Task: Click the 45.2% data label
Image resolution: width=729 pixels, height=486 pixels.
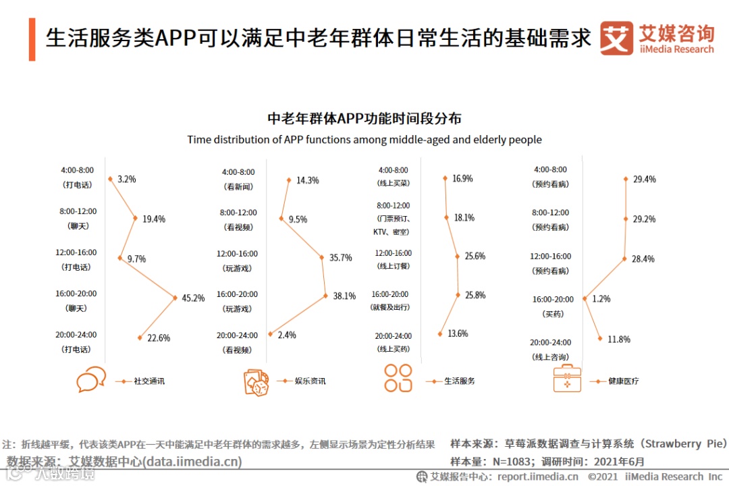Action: click(x=193, y=298)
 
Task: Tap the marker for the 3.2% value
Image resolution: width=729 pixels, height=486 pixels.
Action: click(x=110, y=179)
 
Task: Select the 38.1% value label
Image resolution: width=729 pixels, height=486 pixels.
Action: click(x=344, y=296)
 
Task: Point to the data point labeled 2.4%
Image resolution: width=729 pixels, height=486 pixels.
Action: click(x=270, y=334)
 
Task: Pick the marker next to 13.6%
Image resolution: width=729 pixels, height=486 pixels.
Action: click(x=440, y=333)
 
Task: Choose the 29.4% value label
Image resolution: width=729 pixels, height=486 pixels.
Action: click(x=644, y=180)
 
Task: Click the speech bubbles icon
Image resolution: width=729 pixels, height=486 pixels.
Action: click(x=91, y=379)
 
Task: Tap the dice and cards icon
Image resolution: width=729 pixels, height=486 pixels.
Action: click(x=256, y=381)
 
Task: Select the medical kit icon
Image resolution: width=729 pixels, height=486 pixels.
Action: click(x=567, y=379)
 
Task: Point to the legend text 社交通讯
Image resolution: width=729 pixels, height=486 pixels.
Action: click(x=149, y=381)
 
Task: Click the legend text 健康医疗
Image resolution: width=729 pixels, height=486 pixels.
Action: click(x=623, y=381)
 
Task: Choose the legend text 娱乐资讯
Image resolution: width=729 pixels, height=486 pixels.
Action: click(x=310, y=381)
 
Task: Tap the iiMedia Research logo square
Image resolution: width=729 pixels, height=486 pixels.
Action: click(x=617, y=38)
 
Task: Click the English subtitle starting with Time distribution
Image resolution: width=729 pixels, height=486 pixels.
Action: click(x=364, y=140)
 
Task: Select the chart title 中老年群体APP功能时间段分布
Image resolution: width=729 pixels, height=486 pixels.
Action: click(x=364, y=118)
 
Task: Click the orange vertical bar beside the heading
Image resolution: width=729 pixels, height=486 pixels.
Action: click(x=32, y=40)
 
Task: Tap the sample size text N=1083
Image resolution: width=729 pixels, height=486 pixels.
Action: click(x=497, y=462)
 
